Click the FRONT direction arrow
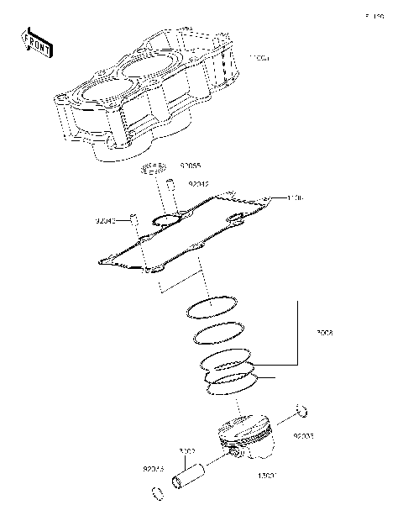(x=35, y=42)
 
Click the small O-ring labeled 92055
(x=151, y=170)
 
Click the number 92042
(x=198, y=183)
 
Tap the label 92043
(x=106, y=222)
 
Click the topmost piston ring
(x=212, y=306)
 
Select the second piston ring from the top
(x=218, y=334)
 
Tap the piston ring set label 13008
(x=325, y=334)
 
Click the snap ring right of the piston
(x=303, y=412)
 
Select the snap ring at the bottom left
(x=155, y=493)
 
